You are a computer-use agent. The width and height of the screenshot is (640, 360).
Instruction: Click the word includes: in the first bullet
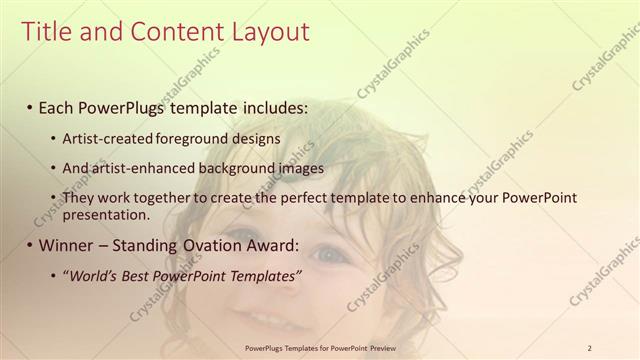pos(270,107)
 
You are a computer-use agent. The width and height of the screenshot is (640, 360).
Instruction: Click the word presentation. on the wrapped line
pos(105,214)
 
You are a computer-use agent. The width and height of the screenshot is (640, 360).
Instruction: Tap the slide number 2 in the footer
pos(589,348)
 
